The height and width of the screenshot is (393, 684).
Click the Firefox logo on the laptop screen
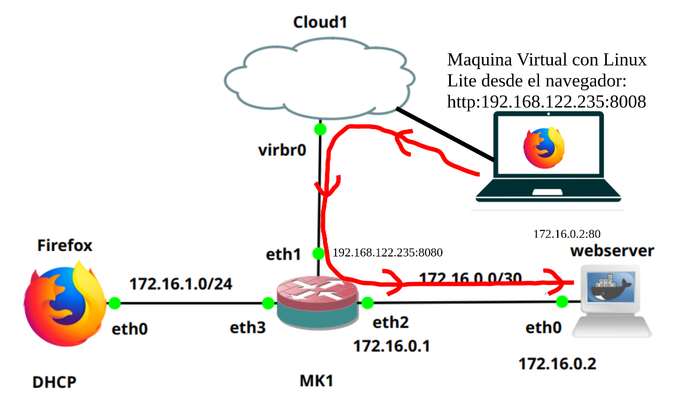coord(544,147)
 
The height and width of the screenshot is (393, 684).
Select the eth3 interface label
coord(248,328)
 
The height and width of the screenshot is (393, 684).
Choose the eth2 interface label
coord(391,322)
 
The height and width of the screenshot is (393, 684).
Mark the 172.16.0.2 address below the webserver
coord(557,364)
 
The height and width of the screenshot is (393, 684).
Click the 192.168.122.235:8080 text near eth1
coord(388,252)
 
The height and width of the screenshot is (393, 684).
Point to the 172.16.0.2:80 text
coord(567,233)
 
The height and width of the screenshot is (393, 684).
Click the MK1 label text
coord(317,381)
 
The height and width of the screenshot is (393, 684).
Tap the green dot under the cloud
coord(320,129)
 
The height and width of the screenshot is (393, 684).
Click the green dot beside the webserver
coord(561,301)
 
